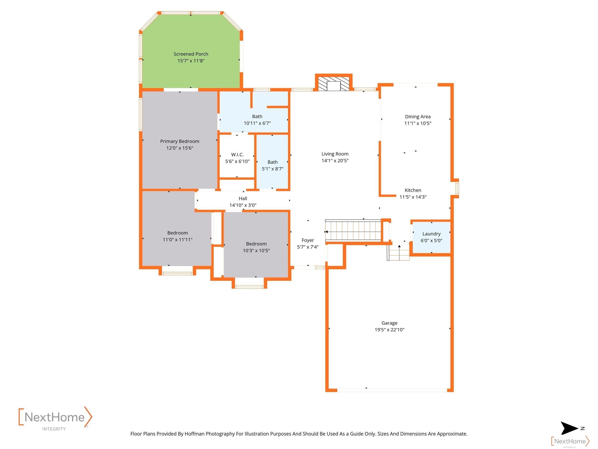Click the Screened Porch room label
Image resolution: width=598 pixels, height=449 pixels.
tap(191, 54)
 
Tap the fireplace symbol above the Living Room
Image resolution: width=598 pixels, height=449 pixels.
tap(334, 84)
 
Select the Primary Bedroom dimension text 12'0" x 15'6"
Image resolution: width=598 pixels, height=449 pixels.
tap(180, 148)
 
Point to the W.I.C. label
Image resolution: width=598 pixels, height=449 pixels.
tap(237, 154)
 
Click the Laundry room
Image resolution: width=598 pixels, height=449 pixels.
tap(432, 237)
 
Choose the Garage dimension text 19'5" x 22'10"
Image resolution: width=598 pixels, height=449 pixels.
tap(389, 330)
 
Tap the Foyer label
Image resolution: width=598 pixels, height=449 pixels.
tap(308, 240)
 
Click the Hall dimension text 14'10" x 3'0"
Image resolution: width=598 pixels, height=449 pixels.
tap(243, 205)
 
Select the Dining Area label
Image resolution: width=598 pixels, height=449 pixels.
tap(418, 117)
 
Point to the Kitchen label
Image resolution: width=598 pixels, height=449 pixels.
tap(413, 190)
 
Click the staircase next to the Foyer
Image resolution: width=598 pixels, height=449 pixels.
tap(353, 230)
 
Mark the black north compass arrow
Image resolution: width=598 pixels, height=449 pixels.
tap(569, 428)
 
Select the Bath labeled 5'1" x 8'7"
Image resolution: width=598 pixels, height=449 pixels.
tap(272, 162)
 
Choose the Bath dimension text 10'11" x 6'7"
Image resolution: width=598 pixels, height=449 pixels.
tap(257, 123)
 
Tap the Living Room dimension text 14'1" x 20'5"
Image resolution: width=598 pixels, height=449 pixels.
tap(335, 160)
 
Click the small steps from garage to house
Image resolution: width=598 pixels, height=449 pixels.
tap(398, 252)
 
